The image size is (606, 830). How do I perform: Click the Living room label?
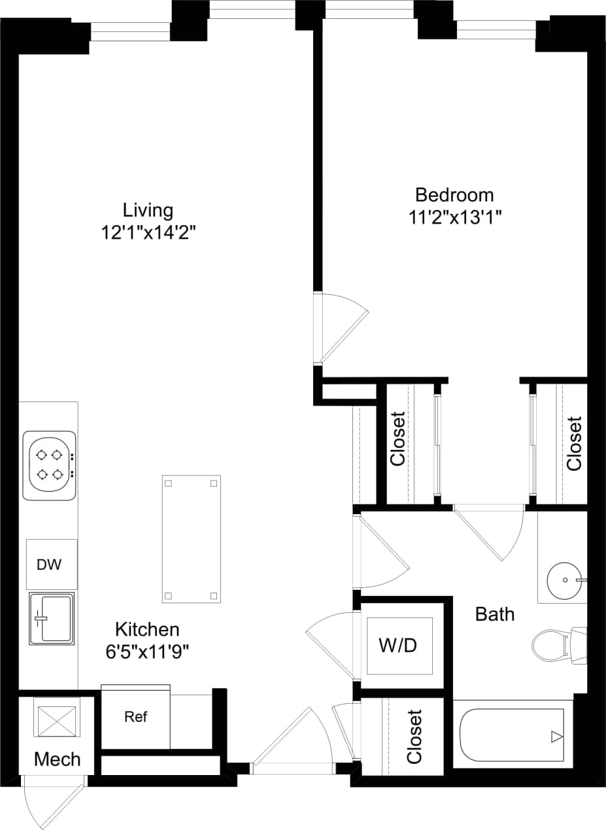tap(148, 210)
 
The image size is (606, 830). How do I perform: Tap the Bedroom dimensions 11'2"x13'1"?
tap(455, 217)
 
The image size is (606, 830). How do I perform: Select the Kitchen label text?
tap(147, 629)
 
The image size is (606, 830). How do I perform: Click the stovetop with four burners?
tap(50, 464)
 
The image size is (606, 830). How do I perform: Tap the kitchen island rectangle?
tap(191, 539)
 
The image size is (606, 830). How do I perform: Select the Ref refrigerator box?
tap(136, 717)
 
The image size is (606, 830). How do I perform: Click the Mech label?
tap(58, 759)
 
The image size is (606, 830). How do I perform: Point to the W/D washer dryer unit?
tap(398, 646)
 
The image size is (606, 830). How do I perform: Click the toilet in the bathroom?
tap(552, 644)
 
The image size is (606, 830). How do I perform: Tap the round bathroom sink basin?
tap(564, 580)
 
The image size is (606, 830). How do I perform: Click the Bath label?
tap(495, 614)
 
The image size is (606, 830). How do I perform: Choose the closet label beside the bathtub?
tap(414, 736)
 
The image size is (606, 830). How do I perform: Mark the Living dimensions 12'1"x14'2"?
tap(148, 232)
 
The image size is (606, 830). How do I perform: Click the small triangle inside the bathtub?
tap(556, 737)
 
